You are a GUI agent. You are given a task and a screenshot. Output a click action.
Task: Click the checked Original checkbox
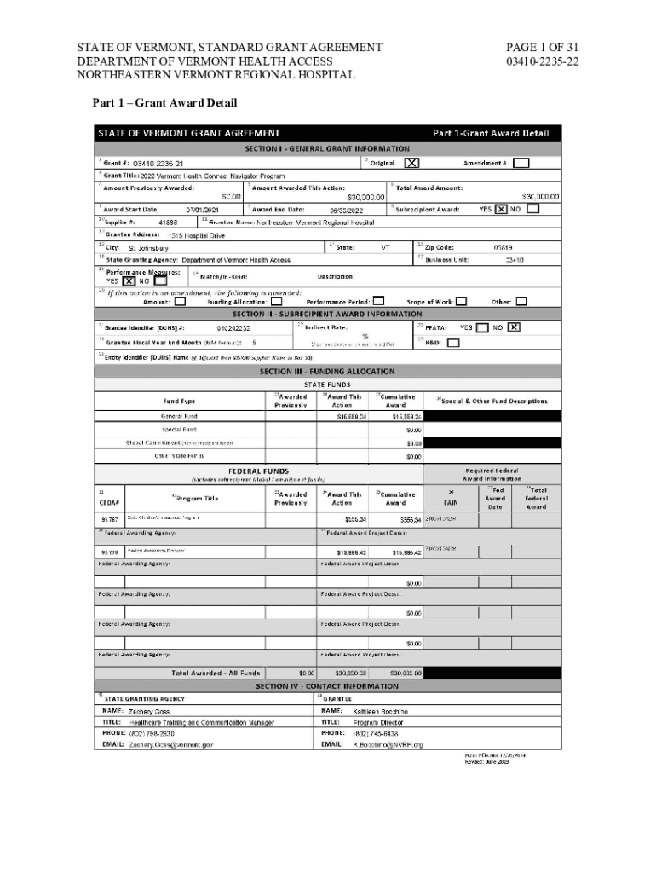pos(411,163)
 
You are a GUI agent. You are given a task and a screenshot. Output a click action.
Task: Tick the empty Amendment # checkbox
pos(521,163)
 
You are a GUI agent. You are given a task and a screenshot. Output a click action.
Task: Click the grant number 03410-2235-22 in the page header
pos(543,61)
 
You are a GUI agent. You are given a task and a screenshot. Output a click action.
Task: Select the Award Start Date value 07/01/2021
pos(203,210)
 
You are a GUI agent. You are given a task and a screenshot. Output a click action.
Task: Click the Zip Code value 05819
pos(503,247)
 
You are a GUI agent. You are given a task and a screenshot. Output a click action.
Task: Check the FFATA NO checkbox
pos(515,327)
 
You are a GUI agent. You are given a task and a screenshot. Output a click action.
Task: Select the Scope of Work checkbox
pos(461,301)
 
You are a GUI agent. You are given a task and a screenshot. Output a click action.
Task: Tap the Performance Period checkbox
pos(378,301)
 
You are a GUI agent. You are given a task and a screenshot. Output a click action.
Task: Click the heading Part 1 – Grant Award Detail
pos(164,103)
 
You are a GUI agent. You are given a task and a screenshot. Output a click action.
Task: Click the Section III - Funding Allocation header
pos(328,372)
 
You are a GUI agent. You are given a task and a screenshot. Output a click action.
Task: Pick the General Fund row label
pos(179,416)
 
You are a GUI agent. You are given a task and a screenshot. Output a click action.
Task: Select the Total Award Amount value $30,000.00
pos(540,197)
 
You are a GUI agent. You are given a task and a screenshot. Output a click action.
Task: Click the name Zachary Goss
pos(149,711)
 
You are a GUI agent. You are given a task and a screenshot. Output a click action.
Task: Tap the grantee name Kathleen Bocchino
pos(381,711)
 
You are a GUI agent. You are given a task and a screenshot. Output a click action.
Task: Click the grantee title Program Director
pos(378,722)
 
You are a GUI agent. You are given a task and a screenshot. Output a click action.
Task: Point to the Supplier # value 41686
pos(168,222)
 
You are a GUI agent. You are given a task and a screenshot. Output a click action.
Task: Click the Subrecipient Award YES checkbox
pos(501,209)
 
